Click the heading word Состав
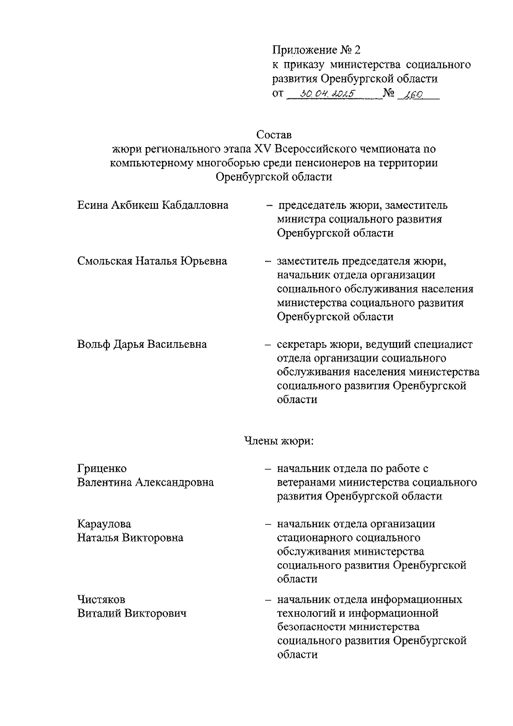point(274,135)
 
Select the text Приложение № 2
point(316,50)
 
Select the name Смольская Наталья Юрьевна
point(152,261)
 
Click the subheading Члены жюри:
point(279,441)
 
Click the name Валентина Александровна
point(145,483)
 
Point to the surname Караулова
point(104,524)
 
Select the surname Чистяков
point(101,599)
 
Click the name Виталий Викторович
point(132,613)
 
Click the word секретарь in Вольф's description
point(302,344)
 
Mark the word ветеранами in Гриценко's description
point(306,483)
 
